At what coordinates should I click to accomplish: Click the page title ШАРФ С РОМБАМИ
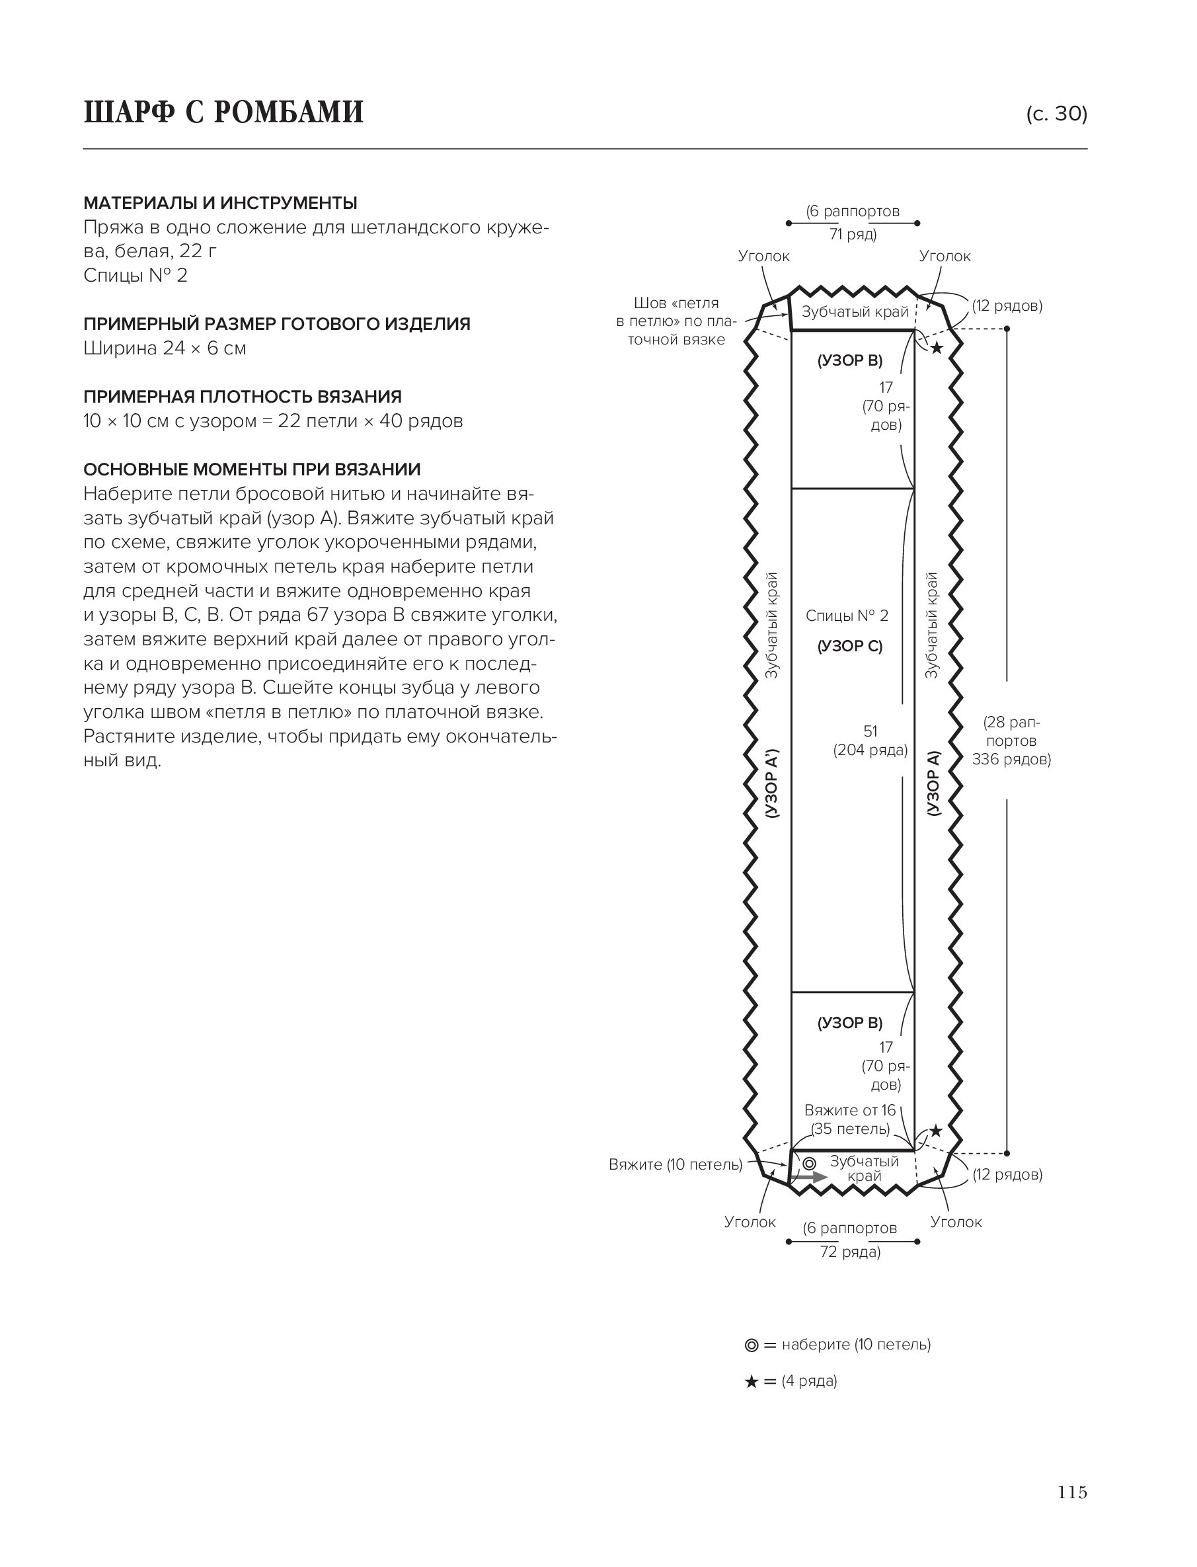(x=223, y=112)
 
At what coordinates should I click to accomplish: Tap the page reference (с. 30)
(x=1056, y=114)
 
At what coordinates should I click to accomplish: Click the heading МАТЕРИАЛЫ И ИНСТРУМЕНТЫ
(x=220, y=203)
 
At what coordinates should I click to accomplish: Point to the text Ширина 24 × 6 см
(x=165, y=348)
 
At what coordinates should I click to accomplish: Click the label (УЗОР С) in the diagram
(x=849, y=647)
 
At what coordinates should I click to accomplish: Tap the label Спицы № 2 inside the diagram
(x=847, y=616)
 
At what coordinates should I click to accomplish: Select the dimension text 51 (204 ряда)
(x=870, y=741)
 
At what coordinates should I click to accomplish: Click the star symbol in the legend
(x=751, y=1382)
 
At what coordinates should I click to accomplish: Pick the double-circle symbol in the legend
(x=751, y=1346)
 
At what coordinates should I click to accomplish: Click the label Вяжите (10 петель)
(x=675, y=1164)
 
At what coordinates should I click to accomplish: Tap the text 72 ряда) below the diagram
(x=850, y=1252)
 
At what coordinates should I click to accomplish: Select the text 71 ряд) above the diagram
(x=853, y=235)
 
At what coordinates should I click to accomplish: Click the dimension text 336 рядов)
(x=1011, y=760)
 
